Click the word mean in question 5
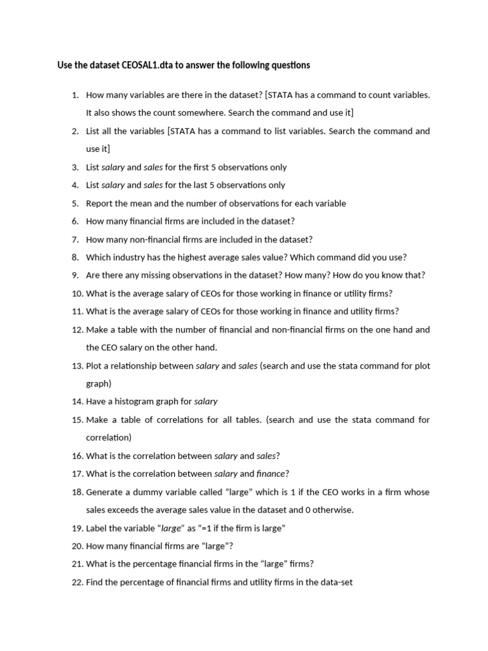144,203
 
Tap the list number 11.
78,312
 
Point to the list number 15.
78,420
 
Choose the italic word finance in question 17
271,474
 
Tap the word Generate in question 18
105,492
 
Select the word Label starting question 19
97,528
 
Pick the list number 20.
78,546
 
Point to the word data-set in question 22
327,582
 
